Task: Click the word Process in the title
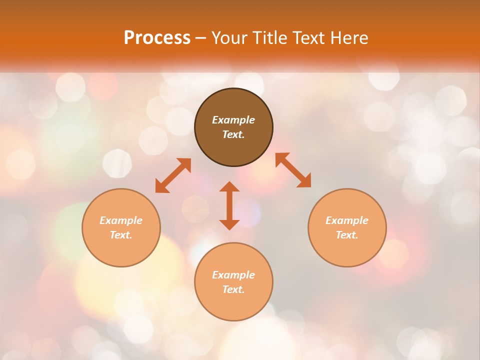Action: coord(157,38)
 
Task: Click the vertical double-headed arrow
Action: coord(229,205)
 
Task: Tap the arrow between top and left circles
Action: coord(173,175)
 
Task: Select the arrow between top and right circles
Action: coord(293,170)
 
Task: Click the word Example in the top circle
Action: coord(233,120)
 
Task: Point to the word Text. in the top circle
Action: coord(233,134)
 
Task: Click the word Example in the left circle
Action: coord(121,220)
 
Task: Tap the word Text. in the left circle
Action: coord(121,235)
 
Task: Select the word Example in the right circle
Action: coord(347,220)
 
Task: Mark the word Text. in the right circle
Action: coord(347,235)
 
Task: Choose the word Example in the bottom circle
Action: coord(233,275)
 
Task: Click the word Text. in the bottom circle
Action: coord(233,289)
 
